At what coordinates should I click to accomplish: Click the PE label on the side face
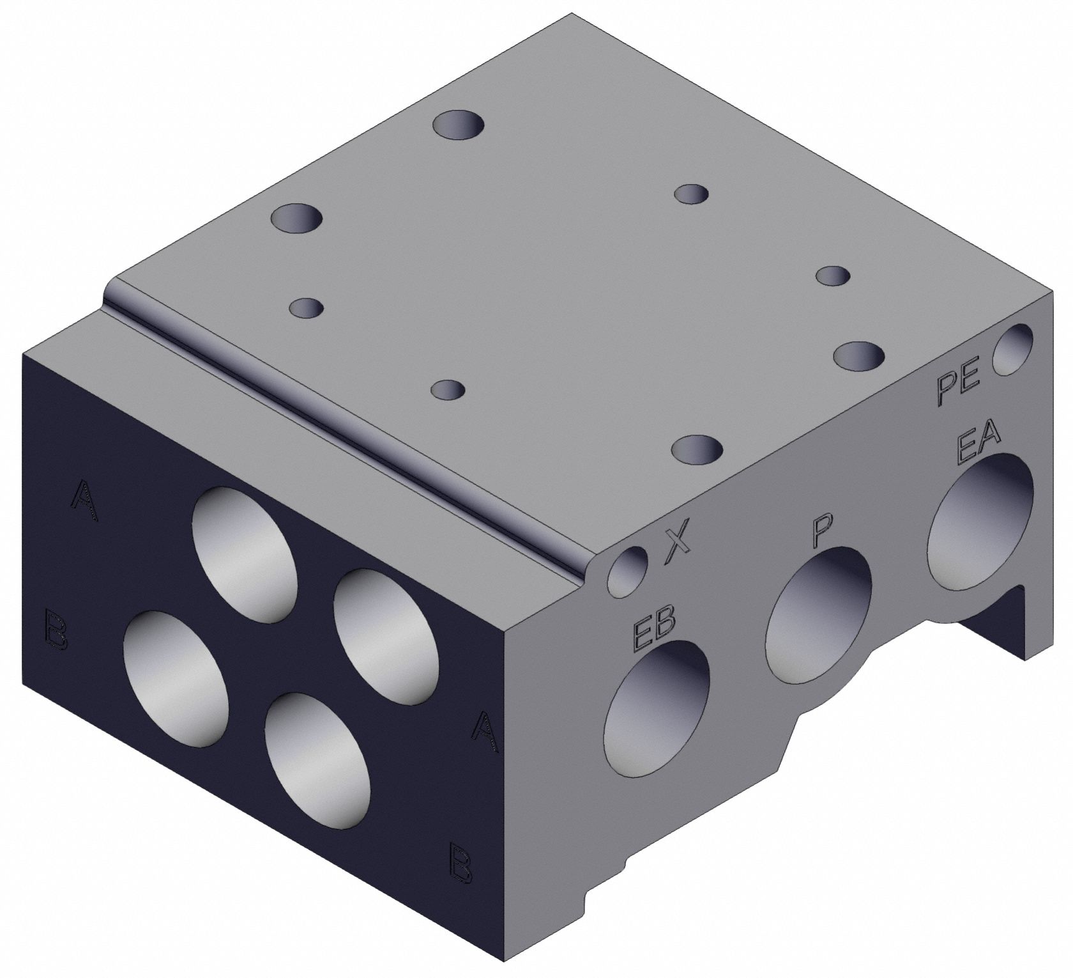tap(959, 388)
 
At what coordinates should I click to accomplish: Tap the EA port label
tap(978, 447)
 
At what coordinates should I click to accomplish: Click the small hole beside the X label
tap(628, 571)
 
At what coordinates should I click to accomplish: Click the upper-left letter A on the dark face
tap(85, 501)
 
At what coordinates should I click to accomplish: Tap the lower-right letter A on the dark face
tap(485, 733)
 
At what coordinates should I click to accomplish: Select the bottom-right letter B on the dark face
tap(461, 864)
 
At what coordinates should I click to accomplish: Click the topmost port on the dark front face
tap(245, 554)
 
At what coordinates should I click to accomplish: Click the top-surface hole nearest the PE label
tap(860, 355)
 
